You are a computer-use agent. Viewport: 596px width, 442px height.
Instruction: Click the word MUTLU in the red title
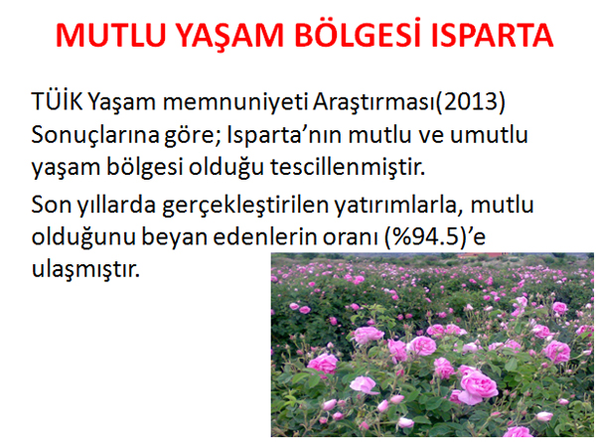tap(111, 36)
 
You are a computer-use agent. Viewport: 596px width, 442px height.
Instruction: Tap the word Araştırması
tap(373, 102)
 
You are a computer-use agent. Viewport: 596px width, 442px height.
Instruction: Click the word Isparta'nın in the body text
tap(284, 134)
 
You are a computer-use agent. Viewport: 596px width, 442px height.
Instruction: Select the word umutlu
tap(489, 134)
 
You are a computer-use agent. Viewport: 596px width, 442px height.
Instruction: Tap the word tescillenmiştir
tap(348, 167)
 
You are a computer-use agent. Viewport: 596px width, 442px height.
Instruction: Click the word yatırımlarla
tap(398, 206)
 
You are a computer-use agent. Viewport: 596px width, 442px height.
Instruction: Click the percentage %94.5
tap(425, 237)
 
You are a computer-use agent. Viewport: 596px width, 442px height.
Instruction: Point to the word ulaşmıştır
tap(85, 270)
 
